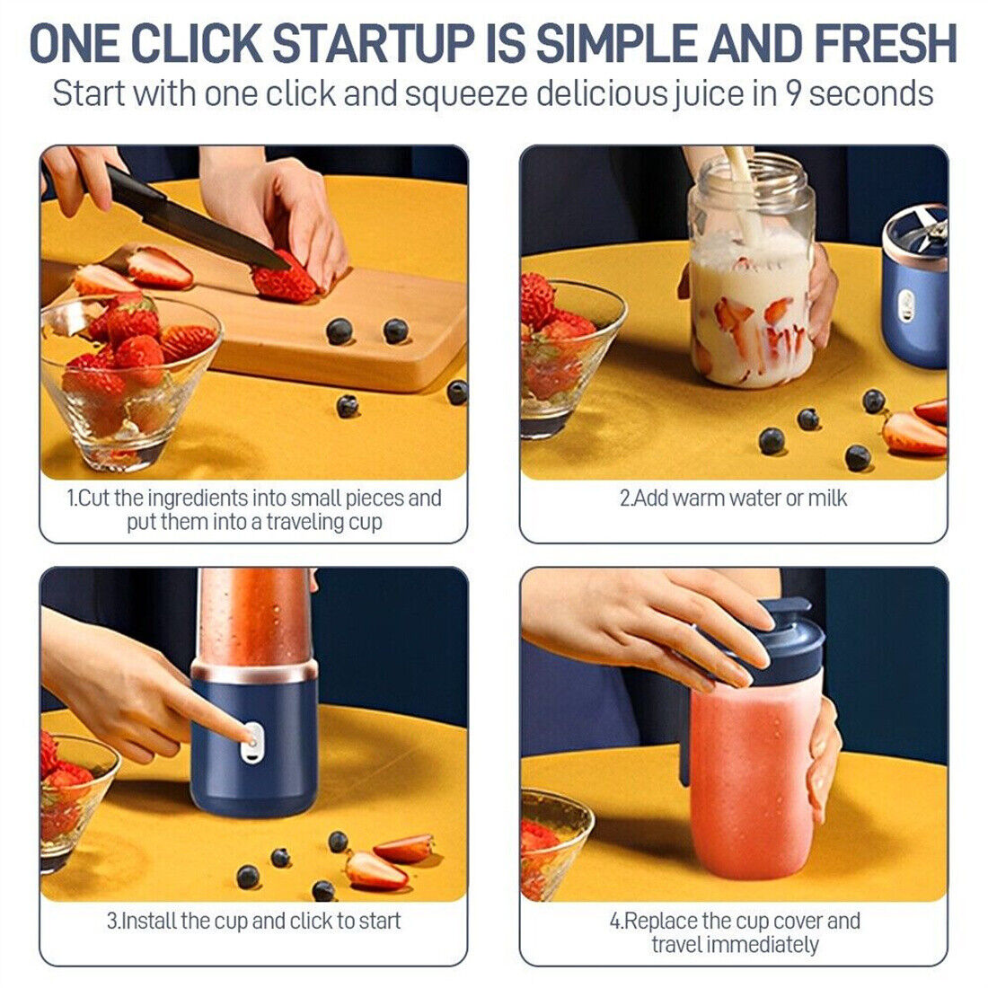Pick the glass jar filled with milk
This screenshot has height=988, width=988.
tap(753, 278)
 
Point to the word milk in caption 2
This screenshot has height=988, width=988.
tap(827, 498)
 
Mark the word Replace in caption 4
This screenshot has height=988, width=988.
tap(661, 921)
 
